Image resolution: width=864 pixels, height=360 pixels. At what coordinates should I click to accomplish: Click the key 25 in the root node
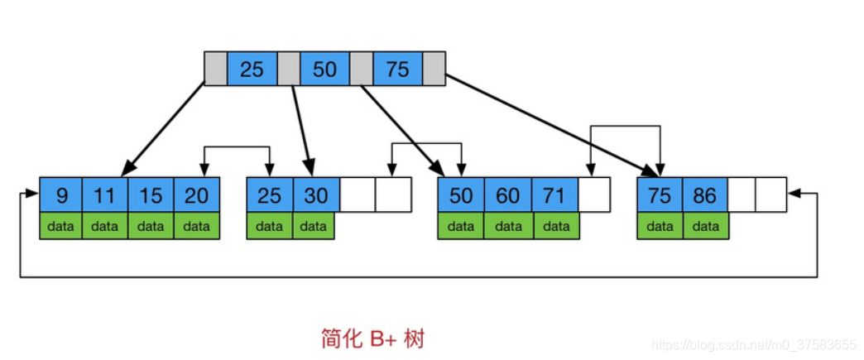click(x=252, y=70)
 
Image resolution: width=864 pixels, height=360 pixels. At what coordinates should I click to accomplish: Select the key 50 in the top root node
click(x=324, y=70)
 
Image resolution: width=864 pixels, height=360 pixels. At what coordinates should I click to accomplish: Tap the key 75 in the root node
click(x=397, y=70)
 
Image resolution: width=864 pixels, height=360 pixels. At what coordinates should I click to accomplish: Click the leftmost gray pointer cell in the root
click(x=215, y=70)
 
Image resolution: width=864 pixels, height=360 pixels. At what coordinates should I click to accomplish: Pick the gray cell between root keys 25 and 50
click(x=288, y=70)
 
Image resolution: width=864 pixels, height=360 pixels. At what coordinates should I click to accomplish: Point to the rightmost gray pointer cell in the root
click(x=434, y=70)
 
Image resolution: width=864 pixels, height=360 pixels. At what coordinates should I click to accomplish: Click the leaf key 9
click(x=61, y=195)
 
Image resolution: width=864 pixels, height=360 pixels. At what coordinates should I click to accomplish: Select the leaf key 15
click(x=151, y=195)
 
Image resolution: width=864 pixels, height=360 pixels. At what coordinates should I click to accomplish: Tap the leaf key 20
click(x=196, y=195)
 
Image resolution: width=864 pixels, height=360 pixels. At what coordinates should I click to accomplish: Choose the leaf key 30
click(x=315, y=195)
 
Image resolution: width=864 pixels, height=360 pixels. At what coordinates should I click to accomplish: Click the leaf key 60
click(x=507, y=195)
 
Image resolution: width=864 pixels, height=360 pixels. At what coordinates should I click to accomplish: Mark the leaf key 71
click(x=554, y=195)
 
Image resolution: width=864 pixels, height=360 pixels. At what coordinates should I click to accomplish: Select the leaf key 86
click(x=705, y=195)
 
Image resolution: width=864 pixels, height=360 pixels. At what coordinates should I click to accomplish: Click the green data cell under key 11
click(x=105, y=226)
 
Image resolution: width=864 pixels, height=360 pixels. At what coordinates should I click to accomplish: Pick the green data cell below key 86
click(x=705, y=226)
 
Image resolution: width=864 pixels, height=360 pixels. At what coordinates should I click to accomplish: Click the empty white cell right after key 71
click(x=593, y=195)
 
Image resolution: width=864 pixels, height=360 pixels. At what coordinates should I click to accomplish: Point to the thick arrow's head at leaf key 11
click(x=127, y=171)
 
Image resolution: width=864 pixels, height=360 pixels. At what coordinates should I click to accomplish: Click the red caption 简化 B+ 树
click(x=372, y=338)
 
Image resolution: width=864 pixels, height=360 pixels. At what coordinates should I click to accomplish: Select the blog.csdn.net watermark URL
click(x=754, y=343)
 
